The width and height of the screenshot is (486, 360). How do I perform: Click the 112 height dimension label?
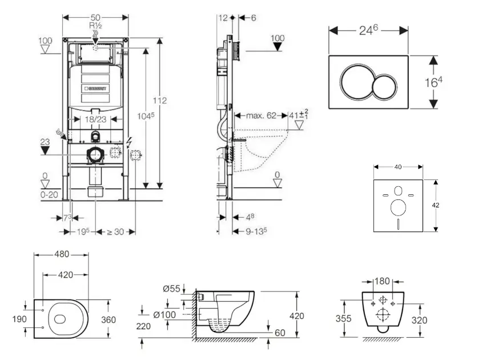pyautogui.click(x=160, y=101)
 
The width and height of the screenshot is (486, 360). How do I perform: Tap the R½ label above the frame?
pyautogui.click(x=95, y=27)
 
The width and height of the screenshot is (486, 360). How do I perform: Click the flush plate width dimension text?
pyautogui.click(x=368, y=31)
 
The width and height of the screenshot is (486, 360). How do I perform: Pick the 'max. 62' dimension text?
pyautogui.click(x=260, y=115)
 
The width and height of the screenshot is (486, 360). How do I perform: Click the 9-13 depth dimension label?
pyautogui.click(x=255, y=231)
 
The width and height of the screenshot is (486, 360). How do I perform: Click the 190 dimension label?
pyautogui.click(x=19, y=319)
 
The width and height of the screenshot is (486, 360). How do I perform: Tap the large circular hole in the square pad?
pyautogui.click(x=398, y=209)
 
